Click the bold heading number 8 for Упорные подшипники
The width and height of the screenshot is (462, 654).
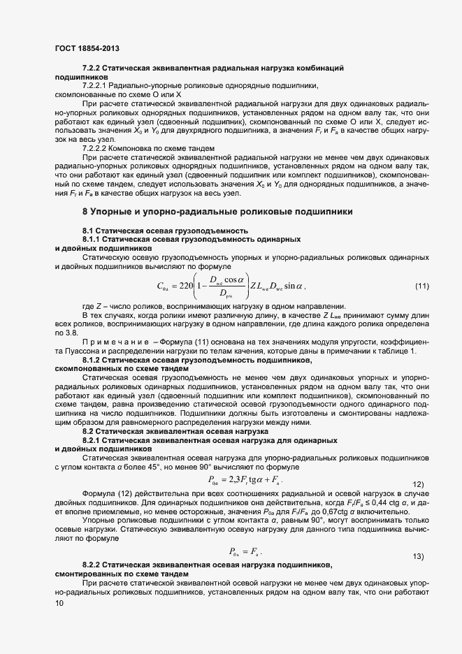click(85, 210)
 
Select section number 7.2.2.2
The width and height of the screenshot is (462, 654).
click(98, 148)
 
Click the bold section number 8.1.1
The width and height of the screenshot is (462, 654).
click(94, 240)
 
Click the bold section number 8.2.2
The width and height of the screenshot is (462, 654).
click(94, 564)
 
